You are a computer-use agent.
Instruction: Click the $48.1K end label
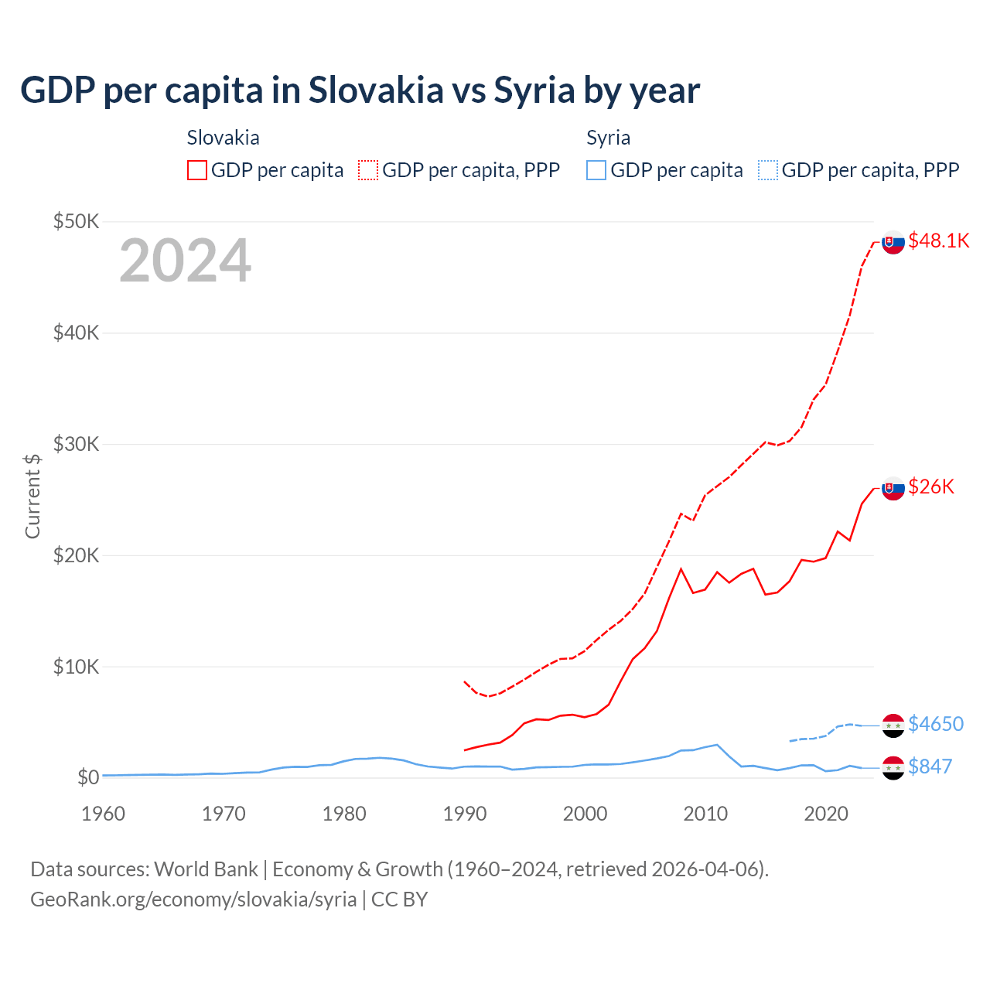coord(938,241)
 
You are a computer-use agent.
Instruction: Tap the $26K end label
coord(931,486)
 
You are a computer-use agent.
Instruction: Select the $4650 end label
coord(935,724)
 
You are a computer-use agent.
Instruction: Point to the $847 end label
coord(930,766)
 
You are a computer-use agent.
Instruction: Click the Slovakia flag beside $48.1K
coord(893,242)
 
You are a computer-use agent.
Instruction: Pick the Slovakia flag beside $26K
coord(893,488)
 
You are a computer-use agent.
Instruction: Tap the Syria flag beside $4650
coord(893,725)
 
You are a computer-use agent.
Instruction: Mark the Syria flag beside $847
coord(893,768)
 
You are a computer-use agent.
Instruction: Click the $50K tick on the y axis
coord(76,222)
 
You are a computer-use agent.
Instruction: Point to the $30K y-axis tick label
coord(76,444)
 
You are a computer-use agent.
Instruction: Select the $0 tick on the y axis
coord(87,777)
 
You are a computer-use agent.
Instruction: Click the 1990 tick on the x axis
coord(465,814)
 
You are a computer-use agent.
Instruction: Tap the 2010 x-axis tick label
coord(705,814)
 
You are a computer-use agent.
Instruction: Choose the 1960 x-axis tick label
coord(104,814)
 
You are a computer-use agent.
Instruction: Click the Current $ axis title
coord(32,496)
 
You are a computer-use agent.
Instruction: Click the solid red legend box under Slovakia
coord(197,170)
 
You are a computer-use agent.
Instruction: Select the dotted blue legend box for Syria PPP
coord(768,170)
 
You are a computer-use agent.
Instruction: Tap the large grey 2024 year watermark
coord(185,261)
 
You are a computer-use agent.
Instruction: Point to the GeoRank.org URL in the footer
coord(193,900)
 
